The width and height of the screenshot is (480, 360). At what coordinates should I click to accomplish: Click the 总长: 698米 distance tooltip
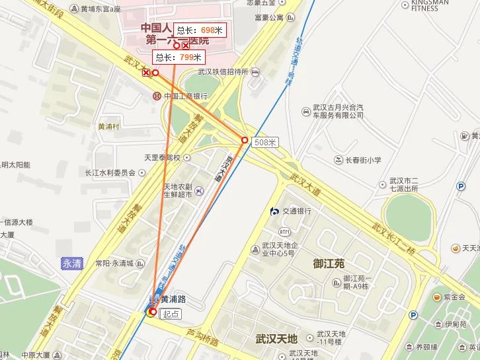(200, 30)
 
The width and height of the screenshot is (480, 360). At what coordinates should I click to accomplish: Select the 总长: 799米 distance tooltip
(178, 57)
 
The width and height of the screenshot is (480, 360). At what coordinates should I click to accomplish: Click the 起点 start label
(171, 314)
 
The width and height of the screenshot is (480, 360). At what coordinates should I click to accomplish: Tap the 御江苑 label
(329, 264)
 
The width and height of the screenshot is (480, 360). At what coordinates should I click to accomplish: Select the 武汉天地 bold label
(277, 339)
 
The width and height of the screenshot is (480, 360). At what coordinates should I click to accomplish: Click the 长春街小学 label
(363, 160)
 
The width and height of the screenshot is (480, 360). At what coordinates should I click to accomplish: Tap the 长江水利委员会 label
(110, 172)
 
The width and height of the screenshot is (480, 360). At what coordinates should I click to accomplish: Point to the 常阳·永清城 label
(114, 264)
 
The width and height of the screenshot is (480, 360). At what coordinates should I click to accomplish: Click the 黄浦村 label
(108, 127)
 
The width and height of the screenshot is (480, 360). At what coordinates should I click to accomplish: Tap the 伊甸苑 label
(456, 324)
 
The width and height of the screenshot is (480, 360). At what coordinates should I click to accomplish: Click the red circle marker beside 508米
(245, 140)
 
